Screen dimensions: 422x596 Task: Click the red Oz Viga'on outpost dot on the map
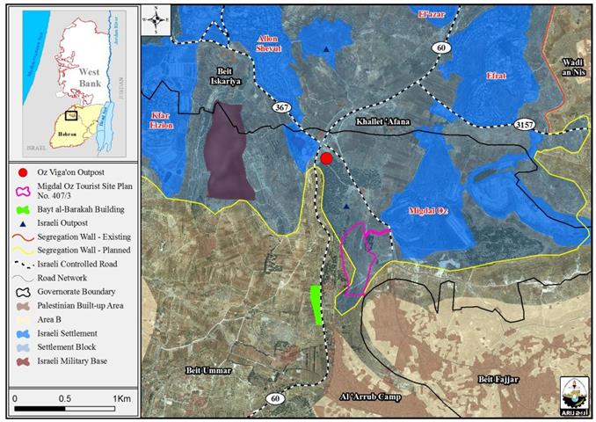click(326, 158)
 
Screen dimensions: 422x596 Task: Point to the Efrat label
click(496, 77)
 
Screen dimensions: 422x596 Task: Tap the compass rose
click(155, 14)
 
